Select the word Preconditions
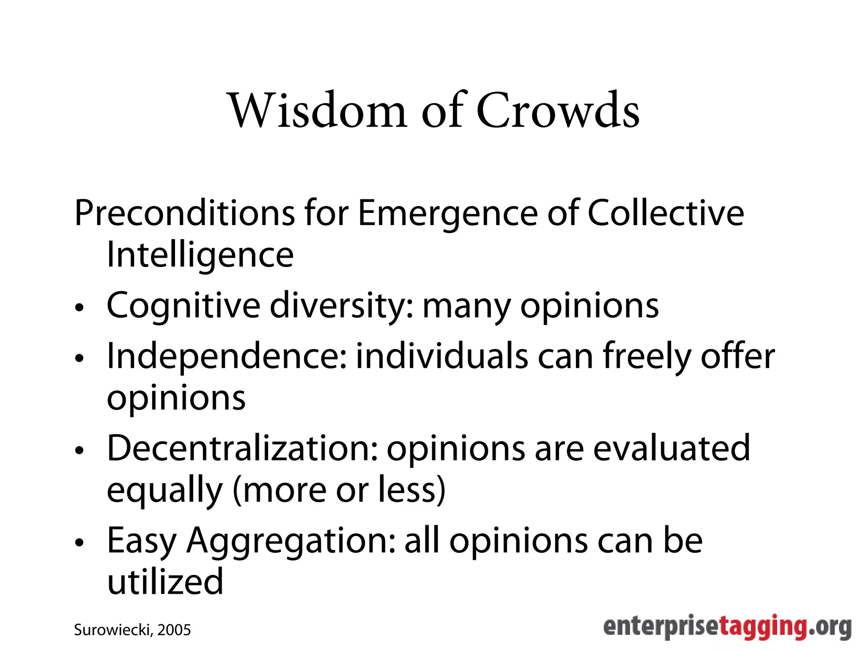[184, 213]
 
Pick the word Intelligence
[200, 256]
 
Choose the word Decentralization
[242, 448]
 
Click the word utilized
[165, 581]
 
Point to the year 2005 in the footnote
[174, 630]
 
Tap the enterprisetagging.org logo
[727, 627]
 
